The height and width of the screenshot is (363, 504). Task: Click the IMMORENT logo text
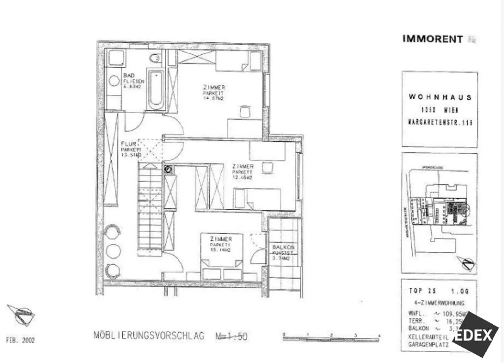tap(432, 39)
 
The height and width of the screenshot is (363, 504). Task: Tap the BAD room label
tap(129, 75)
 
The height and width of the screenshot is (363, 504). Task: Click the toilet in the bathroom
tap(155, 58)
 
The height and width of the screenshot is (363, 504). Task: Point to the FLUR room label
tap(128, 144)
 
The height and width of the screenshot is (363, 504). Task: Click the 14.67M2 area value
tap(213, 98)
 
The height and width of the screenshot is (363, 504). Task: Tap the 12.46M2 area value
tap(242, 178)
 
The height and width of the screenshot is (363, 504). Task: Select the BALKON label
tap(283, 247)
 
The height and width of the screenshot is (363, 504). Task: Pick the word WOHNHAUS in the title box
tap(440, 97)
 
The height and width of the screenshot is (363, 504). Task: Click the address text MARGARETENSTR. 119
tap(440, 122)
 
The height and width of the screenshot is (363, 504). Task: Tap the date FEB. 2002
tap(20, 340)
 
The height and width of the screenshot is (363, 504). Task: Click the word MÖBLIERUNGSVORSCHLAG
tap(149, 336)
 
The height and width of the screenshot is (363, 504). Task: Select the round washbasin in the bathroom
tap(114, 81)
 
